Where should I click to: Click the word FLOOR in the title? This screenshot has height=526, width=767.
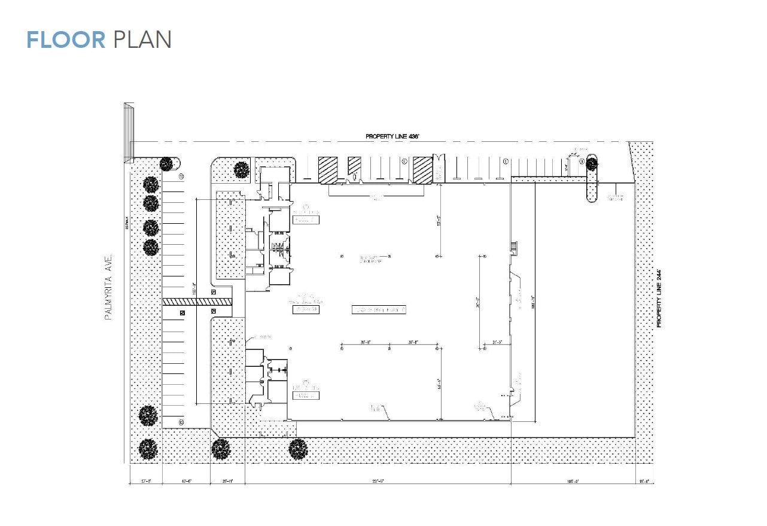(x=66, y=39)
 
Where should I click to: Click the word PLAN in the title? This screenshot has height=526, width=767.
(x=142, y=39)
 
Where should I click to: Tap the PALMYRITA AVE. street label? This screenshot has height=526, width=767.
(x=109, y=287)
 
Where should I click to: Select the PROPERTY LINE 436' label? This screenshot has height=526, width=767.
(x=392, y=137)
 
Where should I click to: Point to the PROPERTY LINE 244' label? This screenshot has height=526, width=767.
(x=659, y=298)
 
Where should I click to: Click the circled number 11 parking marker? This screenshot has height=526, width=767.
(x=181, y=177)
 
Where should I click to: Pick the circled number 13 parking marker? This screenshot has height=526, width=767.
(x=180, y=422)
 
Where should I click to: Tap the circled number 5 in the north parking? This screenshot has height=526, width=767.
(x=404, y=161)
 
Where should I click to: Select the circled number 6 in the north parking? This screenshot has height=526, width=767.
(x=506, y=161)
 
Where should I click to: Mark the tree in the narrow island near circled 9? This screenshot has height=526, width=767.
(x=592, y=162)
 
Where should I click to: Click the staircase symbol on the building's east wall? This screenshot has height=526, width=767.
(x=513, y=247)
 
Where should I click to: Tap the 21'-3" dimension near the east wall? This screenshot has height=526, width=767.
(x=497, y=342)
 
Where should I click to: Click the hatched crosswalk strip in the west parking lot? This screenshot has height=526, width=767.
(x=197, y=302)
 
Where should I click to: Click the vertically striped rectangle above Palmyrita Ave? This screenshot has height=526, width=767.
(x=129, y=132)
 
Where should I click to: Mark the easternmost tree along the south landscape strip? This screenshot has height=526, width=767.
(x=298, y=449)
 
